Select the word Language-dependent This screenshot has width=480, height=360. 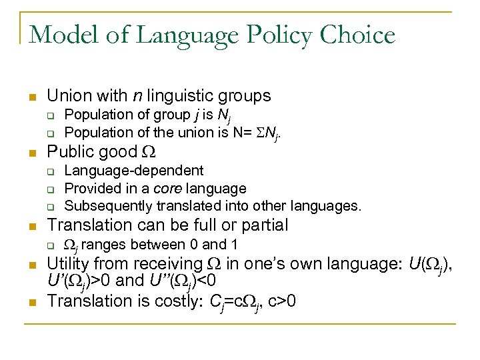(133, 171)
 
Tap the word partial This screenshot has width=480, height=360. (264, 225)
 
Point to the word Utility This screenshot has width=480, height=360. (72, 264)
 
